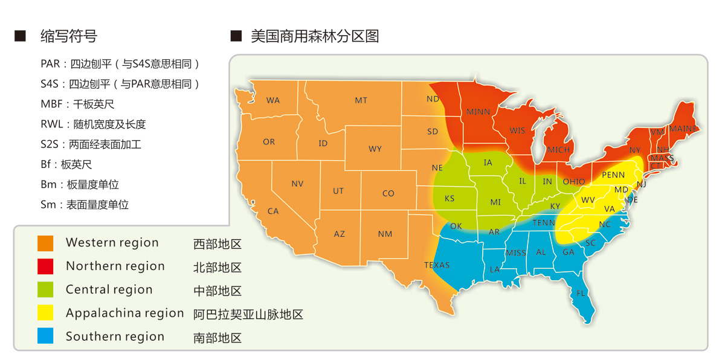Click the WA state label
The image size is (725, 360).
273,100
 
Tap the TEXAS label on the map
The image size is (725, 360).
437,265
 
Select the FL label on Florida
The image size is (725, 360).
581,293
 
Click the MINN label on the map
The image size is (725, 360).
478,112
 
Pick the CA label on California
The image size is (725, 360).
273,211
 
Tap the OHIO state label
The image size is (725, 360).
573,181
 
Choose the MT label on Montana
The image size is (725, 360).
361,100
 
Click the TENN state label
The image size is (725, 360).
544,223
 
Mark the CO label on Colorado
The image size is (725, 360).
388,193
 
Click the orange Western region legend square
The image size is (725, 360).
45,243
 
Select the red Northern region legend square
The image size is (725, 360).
45,266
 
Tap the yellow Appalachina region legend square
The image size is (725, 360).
45,313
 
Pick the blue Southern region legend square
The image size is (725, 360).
45,336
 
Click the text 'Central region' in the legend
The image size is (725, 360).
109,290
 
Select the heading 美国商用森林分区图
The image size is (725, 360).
315,36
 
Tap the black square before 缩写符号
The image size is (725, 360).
21,36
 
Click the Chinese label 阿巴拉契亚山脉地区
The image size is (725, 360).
248,314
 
